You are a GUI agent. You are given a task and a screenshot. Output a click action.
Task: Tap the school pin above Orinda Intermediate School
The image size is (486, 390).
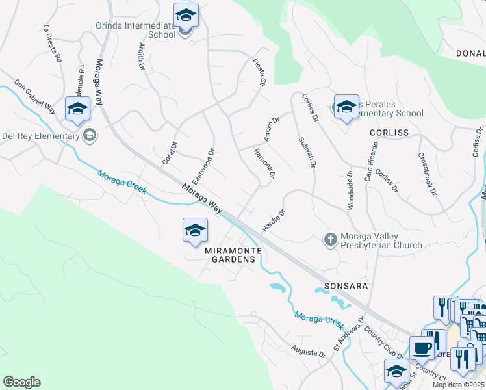pos(186,16)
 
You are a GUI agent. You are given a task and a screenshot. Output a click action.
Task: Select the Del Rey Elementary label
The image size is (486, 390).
pos(40,136)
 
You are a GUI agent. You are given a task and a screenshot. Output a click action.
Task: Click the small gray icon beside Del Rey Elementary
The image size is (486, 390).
pos(90,135)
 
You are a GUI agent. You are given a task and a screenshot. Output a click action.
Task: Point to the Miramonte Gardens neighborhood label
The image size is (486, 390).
pos(230,255)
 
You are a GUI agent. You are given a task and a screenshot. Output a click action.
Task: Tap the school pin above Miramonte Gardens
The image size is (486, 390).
pos(195,231)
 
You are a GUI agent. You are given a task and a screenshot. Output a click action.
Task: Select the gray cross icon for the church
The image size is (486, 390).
pos(330,240)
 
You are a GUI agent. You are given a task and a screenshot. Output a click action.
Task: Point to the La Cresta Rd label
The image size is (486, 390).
pos(53,44)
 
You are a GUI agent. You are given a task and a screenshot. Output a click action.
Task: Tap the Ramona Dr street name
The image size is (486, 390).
pos(265,163)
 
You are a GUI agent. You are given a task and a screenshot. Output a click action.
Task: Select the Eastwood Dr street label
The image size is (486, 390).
pos(203,167)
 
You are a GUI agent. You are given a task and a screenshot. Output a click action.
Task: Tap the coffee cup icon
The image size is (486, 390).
pos(422,348)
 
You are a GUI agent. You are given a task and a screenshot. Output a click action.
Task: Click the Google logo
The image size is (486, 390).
pos(21,382)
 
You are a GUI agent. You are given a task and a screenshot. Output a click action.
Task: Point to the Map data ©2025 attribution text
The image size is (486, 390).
pos(459,385)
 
